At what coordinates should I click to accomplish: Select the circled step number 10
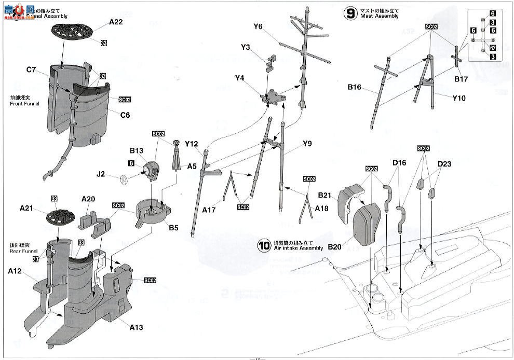click(x=264, y=245)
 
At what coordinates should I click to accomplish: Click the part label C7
click(x=31, y=70)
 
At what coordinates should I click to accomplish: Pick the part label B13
click(x=137, y=151)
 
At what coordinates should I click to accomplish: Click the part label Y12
click(x=191, y=144)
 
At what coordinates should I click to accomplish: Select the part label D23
click(x=444, y=164)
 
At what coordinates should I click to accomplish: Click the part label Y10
click(x=459, y=98)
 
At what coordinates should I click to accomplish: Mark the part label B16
click(x=355, y=87)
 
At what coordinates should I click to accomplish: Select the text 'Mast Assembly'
click(x=380, y=17)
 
